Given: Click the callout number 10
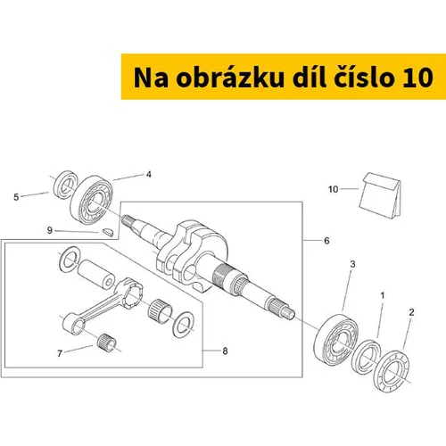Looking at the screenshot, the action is click(333, 189).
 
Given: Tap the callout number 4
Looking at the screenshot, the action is click(149, 174).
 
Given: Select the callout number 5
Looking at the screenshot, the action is click(16, 197).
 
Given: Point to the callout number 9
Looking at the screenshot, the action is click(50, 230).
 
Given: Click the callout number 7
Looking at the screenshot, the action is click(60, 353).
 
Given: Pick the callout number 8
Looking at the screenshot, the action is click(225, 351).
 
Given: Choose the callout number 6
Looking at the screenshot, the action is click(326, 241).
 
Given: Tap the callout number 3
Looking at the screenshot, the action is click(352, 264).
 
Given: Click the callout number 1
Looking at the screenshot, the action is click(383, 295).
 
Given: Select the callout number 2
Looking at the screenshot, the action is click(411, 312).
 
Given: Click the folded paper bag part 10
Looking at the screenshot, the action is click(381, 195).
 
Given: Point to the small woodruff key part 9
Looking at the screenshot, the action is click(107, 231).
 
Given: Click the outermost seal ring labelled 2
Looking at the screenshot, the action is click(392, 372).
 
